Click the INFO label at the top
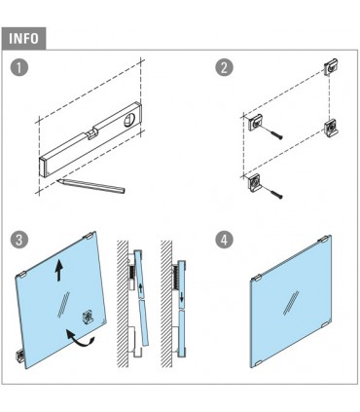23,38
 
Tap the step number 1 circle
19,67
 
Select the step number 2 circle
224,67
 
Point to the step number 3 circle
19,240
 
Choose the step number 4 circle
224,240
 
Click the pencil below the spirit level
90,185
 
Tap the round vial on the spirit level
129,120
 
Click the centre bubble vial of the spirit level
91,134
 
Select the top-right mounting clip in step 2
331,67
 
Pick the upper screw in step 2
273,132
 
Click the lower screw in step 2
273,192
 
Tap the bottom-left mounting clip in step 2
255,183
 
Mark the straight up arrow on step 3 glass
58,271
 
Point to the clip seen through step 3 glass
89,317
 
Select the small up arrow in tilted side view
140,290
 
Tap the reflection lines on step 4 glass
291,303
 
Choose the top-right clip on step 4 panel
325,241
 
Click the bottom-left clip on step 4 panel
256,362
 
